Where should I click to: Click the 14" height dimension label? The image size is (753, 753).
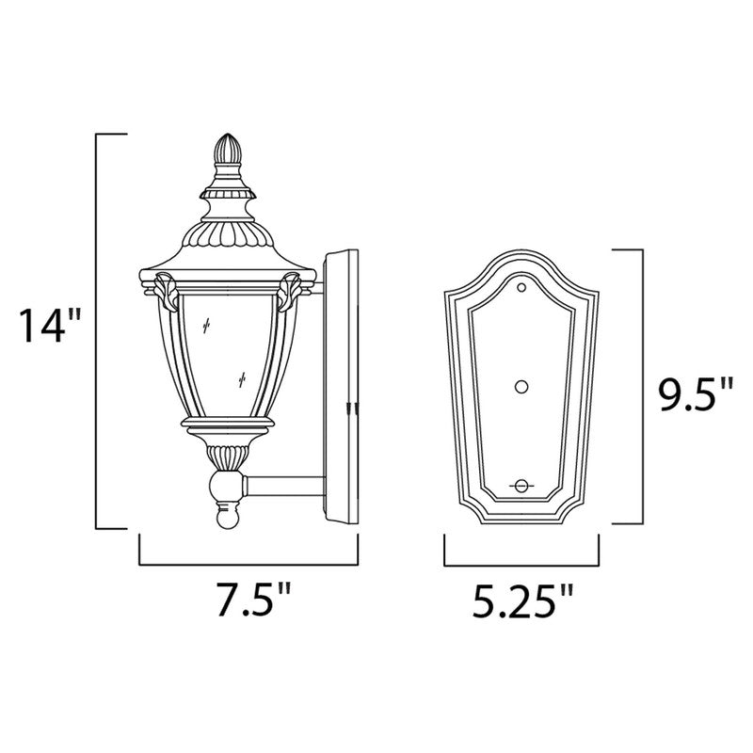click(x=53, y=327)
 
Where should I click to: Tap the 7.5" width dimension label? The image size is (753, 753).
click(x=248, y=599)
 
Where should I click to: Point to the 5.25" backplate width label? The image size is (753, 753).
click(x=521, y=599)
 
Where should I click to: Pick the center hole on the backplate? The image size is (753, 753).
click(x=522, y=385)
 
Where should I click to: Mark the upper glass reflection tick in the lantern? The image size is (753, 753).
click(x=206, y=324)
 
